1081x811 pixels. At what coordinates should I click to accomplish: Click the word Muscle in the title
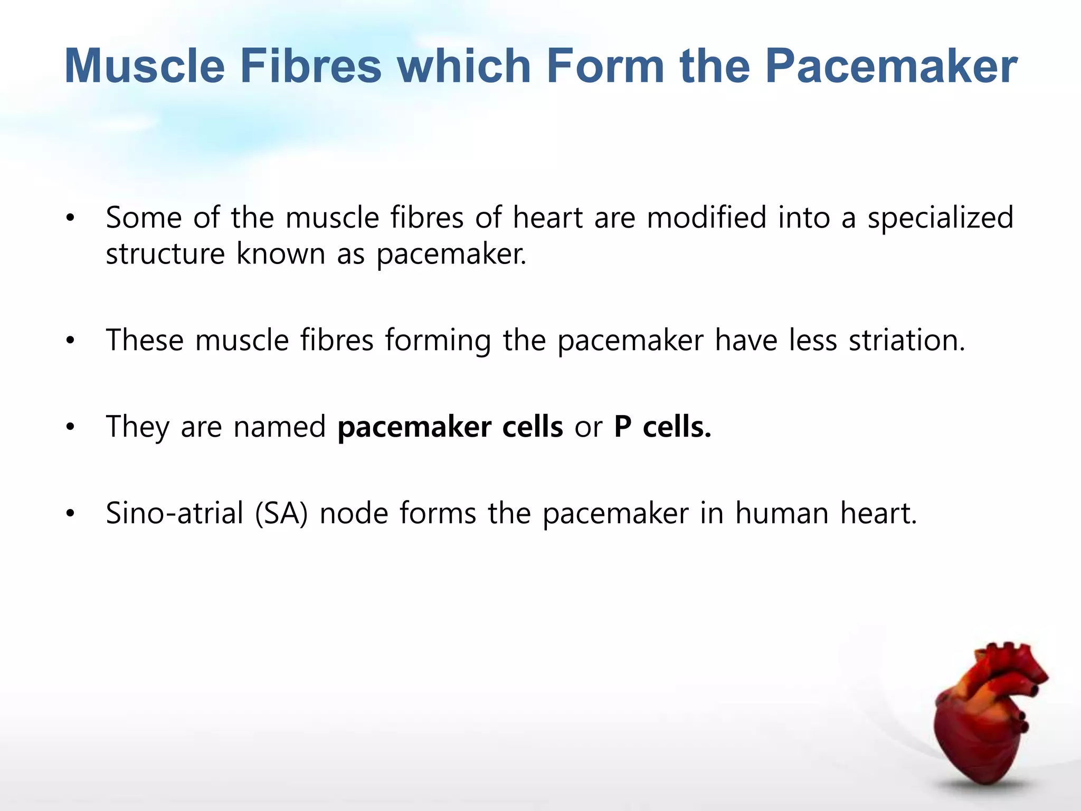click(x=144, y=67)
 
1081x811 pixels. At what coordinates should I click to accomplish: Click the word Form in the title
click(x=605, y=67)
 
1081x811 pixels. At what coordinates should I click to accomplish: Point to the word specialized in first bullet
click(x=940, y=218)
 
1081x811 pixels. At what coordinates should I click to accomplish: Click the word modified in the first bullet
click(x=706, y=217)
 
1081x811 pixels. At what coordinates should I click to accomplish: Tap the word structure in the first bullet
click(x=165, y=254)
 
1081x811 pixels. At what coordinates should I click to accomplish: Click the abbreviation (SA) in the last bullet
click(x=281, y=513)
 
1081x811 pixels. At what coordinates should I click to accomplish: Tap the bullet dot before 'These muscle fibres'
click(x=70, y=341)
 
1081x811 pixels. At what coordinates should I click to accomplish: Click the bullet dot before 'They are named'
click(x=70, y=428)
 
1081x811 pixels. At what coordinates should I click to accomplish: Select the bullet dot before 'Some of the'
click(x=70, y=218)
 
